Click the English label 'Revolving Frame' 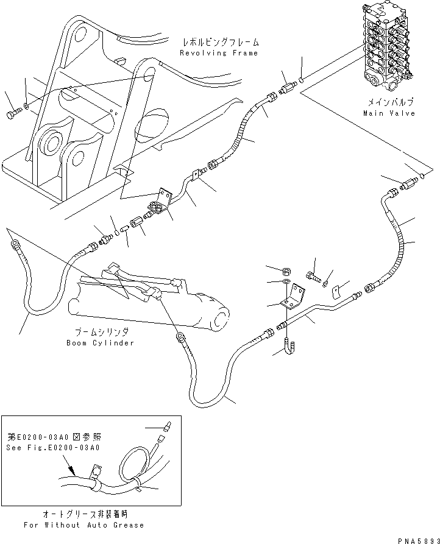(x=219, y=53)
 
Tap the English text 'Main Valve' (x=389, y=113)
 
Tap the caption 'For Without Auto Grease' (x=83, y=525)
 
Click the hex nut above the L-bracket (x=286, y=270)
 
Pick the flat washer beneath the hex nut (x=286, y=282)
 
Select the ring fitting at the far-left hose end (x=12, y=244)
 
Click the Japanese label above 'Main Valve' (x=389, y=103)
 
